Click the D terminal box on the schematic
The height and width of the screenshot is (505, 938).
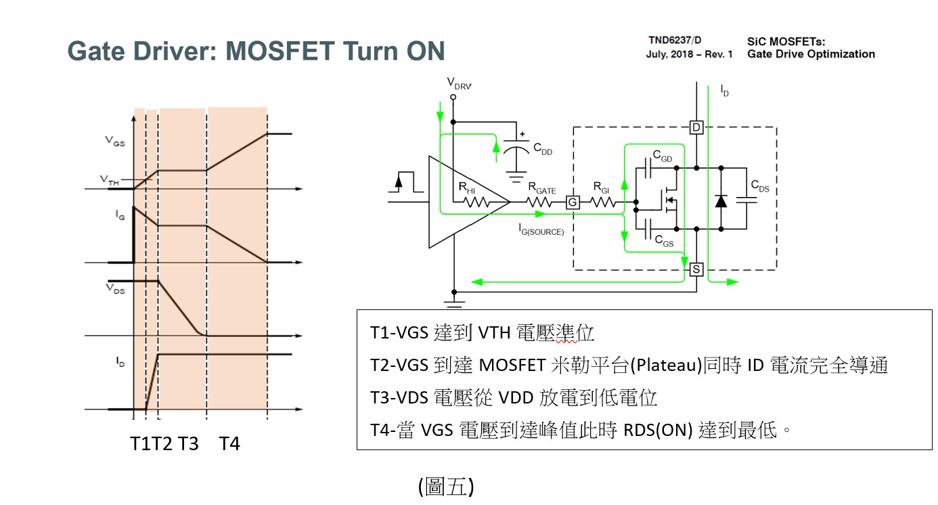(696, 127)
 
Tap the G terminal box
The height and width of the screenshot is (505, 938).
(572, 202)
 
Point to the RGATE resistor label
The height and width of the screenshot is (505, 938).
(542, 188)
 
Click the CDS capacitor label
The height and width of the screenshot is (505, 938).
(759, 186)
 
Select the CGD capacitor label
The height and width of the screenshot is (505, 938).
(663, 158)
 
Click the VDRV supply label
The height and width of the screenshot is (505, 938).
(460, 83)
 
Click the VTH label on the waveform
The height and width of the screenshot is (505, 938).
(110, 179)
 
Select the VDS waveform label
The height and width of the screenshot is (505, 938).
(115, 288)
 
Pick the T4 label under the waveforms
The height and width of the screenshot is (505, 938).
(229, 444)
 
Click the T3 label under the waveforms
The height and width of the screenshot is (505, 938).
(188, 444)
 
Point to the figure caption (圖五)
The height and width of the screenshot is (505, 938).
(445, 487)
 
